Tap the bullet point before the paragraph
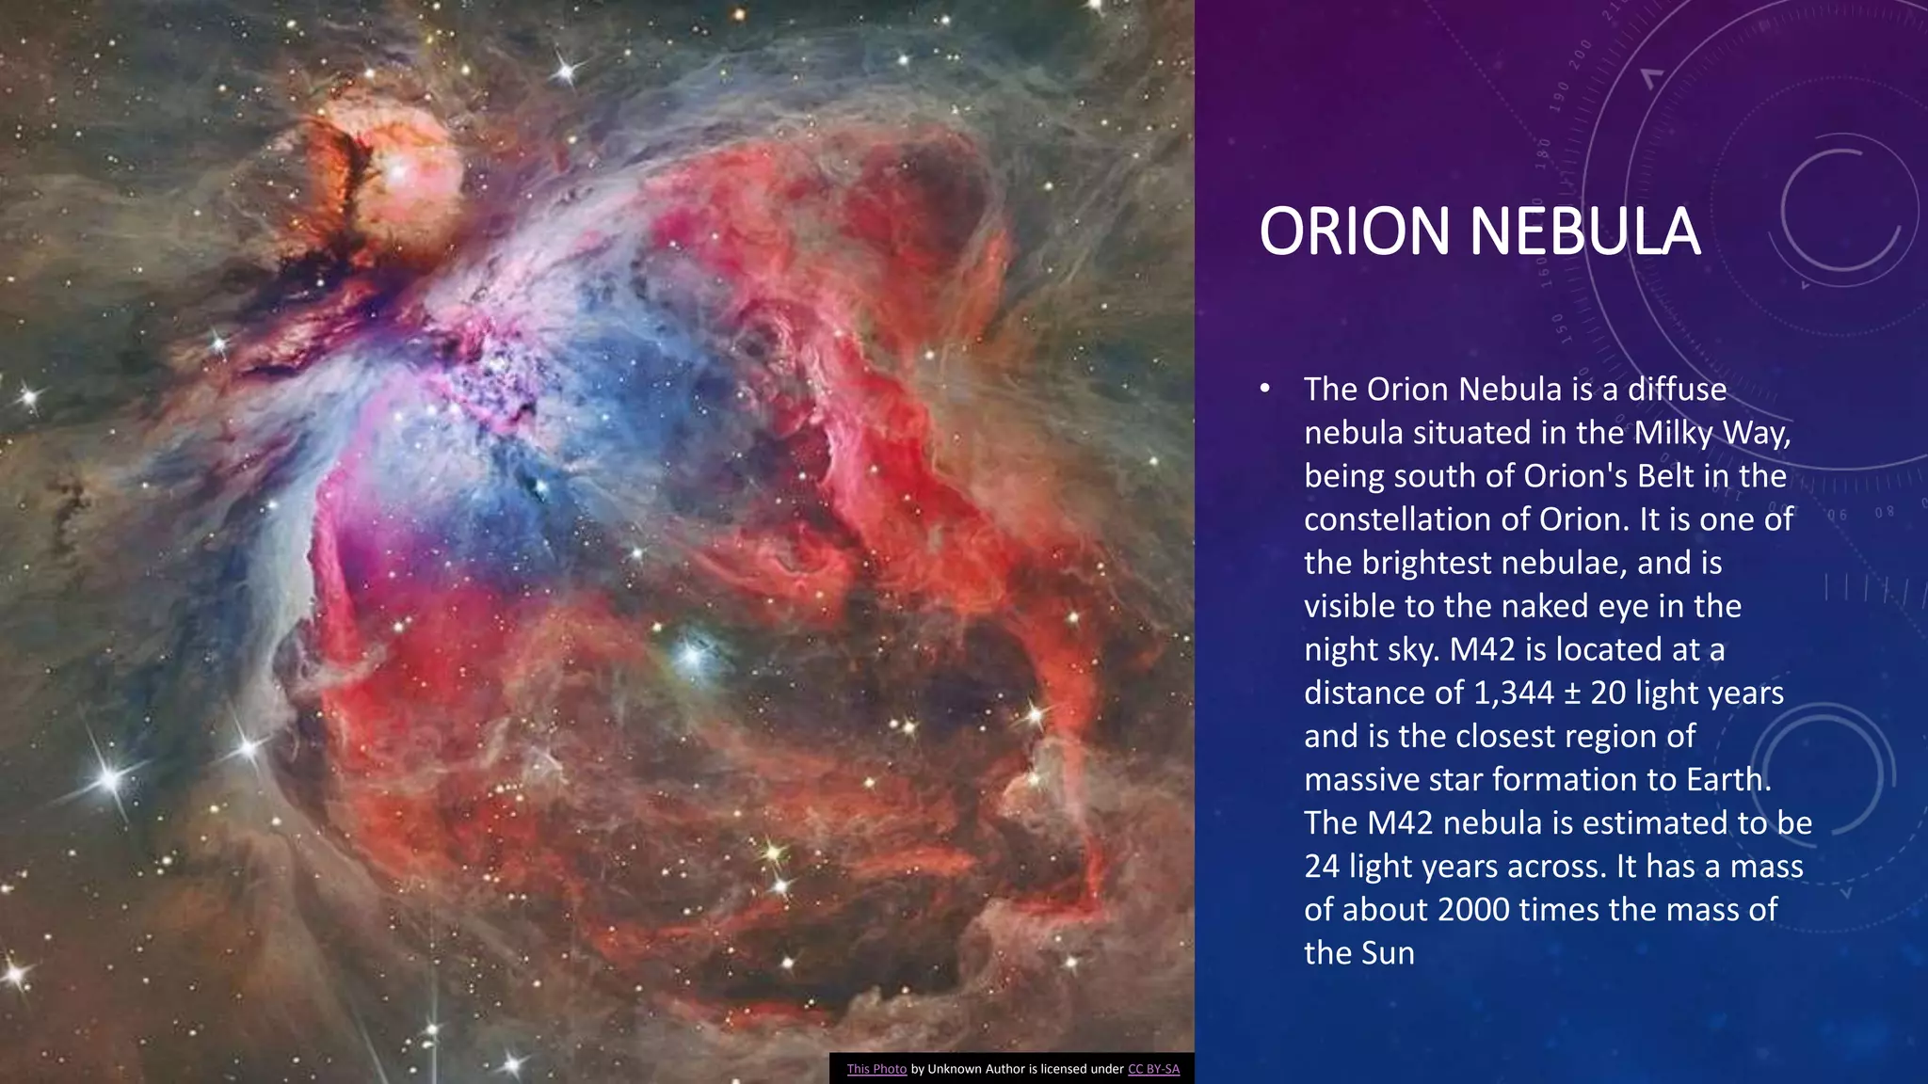point(1265,389)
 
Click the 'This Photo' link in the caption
point(876,1069)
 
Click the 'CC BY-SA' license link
point(1153,1069)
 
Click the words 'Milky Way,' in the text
point(1712,433)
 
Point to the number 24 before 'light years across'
point(1322,866)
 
